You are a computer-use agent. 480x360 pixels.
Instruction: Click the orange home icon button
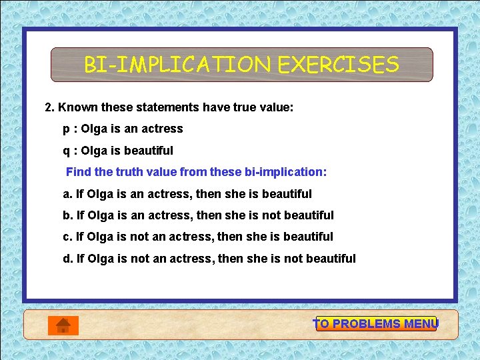[x=63, y=325]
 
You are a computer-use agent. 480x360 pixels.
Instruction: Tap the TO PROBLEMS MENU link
[x=375, y=324]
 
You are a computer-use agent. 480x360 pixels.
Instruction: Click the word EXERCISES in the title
[x=338, y=65]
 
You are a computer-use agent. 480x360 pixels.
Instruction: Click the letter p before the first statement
[x=66, y=129]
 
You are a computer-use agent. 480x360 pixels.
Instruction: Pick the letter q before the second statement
[x=66, y=151]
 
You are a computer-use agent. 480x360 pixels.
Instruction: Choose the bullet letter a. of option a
[x=67, y=194]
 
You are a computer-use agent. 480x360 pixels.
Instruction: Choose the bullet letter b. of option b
[x=67, y=215]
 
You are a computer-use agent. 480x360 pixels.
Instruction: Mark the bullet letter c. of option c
[x=67, y=237]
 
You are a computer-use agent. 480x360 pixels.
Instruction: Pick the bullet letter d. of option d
[x=67, y=259]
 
